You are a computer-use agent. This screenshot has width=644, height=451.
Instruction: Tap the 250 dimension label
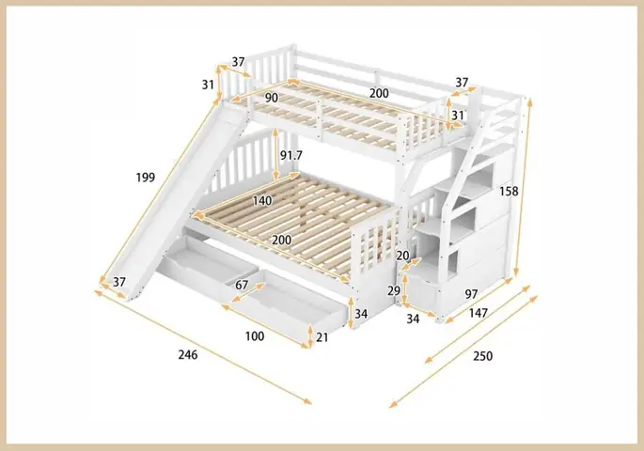(x=482, y=356)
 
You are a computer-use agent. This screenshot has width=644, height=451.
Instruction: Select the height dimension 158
(x=509, y=191)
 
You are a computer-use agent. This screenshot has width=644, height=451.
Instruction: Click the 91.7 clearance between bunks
(x=292, y=155)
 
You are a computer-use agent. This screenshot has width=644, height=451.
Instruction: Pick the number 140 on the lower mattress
(x=262, y=201)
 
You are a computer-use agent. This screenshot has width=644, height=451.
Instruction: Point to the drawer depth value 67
(x=242, y=286)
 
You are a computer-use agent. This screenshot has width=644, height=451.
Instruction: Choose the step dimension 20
(x=402, y=256)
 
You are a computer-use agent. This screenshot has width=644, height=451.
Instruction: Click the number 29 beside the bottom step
(x=394, y=291)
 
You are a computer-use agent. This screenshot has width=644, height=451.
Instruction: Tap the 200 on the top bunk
(x=379, y=93)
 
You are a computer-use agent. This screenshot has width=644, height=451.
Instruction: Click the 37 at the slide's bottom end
(x=119, y=283)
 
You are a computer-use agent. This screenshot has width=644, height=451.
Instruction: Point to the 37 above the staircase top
(x=462, y=83)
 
